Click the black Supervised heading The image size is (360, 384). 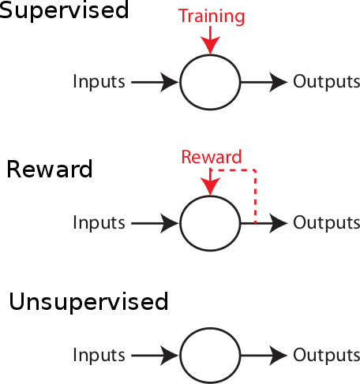click(65, 10)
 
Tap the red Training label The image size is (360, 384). click(212, 17)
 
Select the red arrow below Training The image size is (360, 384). click(210, 40)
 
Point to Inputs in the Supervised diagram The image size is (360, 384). click(99, 81)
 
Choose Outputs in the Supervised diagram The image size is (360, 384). click(327, 81)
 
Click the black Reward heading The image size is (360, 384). click(50, 170)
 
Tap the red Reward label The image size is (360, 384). click(212, 157)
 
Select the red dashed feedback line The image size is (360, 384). click(255, 196)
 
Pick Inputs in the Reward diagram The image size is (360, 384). click(99, 222)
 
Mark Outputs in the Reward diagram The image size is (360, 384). click(327, 222)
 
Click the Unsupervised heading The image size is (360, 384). click(88, 302)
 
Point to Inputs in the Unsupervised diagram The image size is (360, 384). click(99, 355)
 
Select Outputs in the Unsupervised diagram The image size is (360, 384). click(327, 355)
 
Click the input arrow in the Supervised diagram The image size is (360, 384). click(155, 82)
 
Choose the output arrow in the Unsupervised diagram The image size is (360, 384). click(264, 356)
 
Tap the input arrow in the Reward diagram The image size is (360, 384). click(155, 223)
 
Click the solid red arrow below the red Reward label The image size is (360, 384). click(210, 182)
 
